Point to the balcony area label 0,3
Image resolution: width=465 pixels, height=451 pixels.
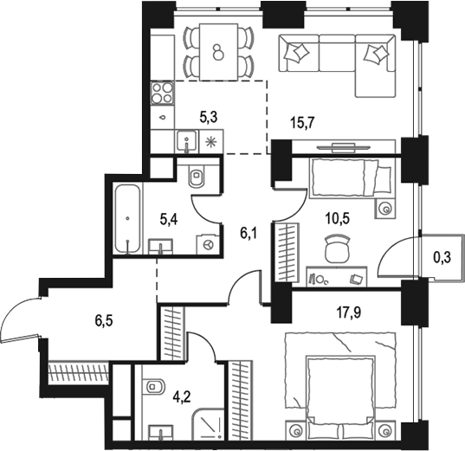pos(440,256)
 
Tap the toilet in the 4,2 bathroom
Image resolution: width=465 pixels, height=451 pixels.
pos(154,386)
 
